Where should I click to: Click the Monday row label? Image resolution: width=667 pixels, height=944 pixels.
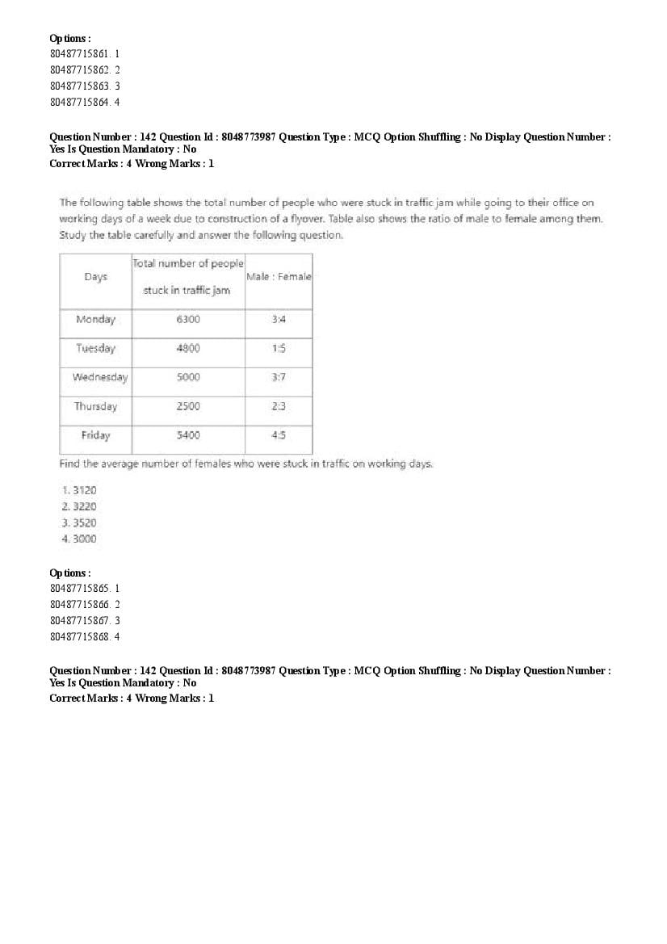95,320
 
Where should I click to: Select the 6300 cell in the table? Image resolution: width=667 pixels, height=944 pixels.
188,320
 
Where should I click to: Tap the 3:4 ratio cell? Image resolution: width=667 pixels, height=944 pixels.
279,320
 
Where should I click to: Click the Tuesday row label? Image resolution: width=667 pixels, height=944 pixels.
95,349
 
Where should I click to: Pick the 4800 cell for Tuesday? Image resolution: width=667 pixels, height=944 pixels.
188,349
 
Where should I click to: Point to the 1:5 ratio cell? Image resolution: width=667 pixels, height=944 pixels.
279,349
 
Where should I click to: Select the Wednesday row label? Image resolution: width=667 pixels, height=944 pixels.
99,377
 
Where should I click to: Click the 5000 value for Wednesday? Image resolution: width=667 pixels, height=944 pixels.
188,377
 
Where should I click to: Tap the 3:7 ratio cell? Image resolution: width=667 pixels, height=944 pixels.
279,377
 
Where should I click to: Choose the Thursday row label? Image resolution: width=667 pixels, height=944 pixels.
95,406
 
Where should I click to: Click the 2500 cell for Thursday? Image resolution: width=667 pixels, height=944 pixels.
188,406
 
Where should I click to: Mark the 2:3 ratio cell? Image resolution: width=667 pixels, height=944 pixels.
279,406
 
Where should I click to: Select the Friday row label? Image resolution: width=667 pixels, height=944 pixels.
95,435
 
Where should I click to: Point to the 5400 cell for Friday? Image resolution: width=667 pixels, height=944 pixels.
188,435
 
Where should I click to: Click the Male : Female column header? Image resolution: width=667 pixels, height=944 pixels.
279,277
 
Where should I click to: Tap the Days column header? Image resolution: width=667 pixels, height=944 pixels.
95,277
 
